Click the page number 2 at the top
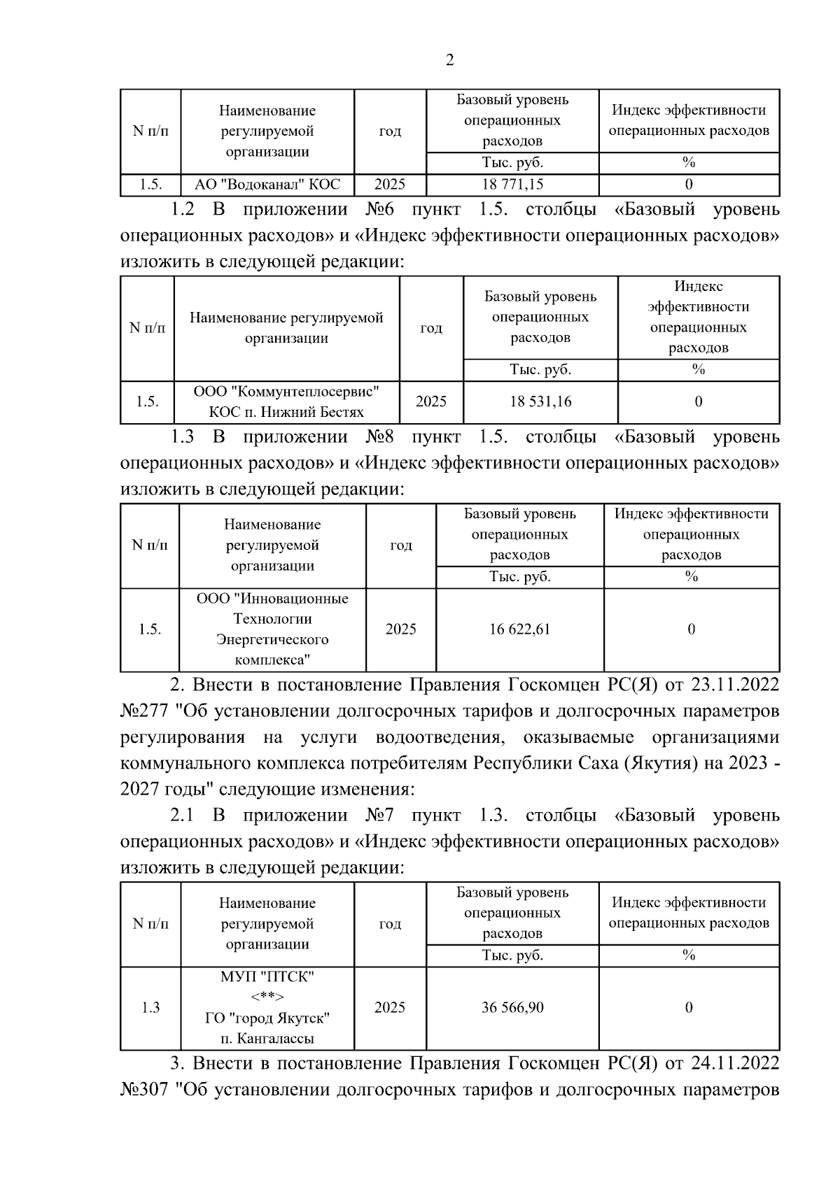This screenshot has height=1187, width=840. [449, 60]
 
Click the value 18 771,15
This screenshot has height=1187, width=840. [512, 185]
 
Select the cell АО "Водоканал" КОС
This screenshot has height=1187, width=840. [267, 185]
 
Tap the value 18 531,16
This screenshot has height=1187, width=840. [540, 401]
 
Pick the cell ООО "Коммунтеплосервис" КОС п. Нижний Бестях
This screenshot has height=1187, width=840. [286, 401]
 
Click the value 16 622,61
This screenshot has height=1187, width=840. [519, 629]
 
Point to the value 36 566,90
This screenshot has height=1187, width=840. [512, 1007]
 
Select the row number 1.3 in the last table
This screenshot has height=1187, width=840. [150, 1007]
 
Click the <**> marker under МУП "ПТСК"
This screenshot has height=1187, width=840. [267, 997]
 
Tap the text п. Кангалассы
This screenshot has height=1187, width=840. [267, 1039]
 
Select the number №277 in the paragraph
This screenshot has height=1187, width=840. [145, 711]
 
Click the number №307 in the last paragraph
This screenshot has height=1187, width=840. [145, 1090]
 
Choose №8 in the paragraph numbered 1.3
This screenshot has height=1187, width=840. [380, 437]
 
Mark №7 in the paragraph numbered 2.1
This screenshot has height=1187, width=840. [380, 816]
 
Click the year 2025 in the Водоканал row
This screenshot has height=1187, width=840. [390, 185]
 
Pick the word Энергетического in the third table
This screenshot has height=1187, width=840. [272, 639]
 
